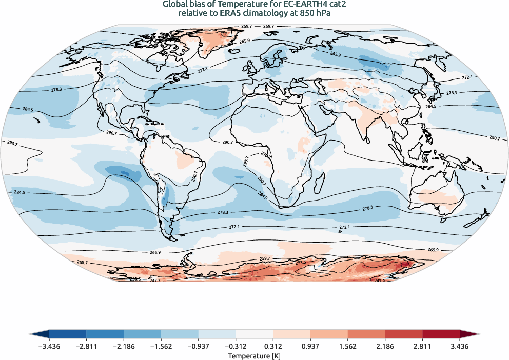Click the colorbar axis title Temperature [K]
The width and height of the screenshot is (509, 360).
(x=254, y=356)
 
